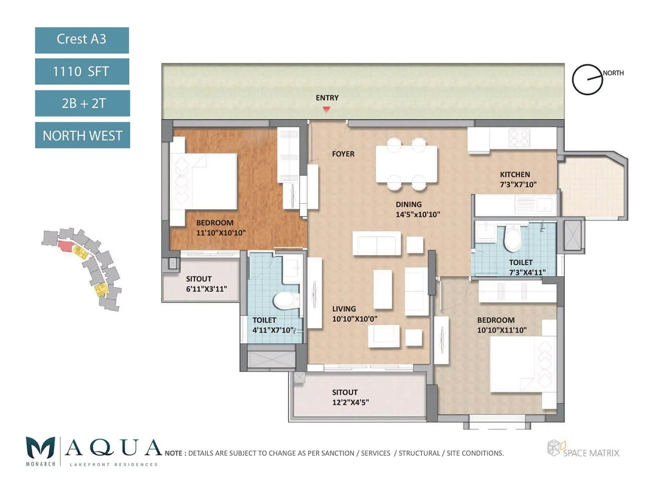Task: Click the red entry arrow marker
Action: click(x=326, y=109)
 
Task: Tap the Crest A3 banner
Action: click(x=82, y=40)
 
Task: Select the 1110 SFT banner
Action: click(x=82, y=71)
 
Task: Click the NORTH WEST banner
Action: click(x=82, y=135)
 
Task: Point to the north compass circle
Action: click(x=587, y=80)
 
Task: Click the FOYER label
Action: click(x=343, y=154)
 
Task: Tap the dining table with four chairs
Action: click(x=407, y=164)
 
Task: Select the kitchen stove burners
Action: click(x=519, y=137)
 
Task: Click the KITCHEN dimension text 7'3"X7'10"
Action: click(x=518, y=184)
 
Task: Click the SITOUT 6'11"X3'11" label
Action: click(x=206, y=284)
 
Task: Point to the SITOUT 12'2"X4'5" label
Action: click(x=350, y=397)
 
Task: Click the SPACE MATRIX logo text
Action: click(x=591, y=453)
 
